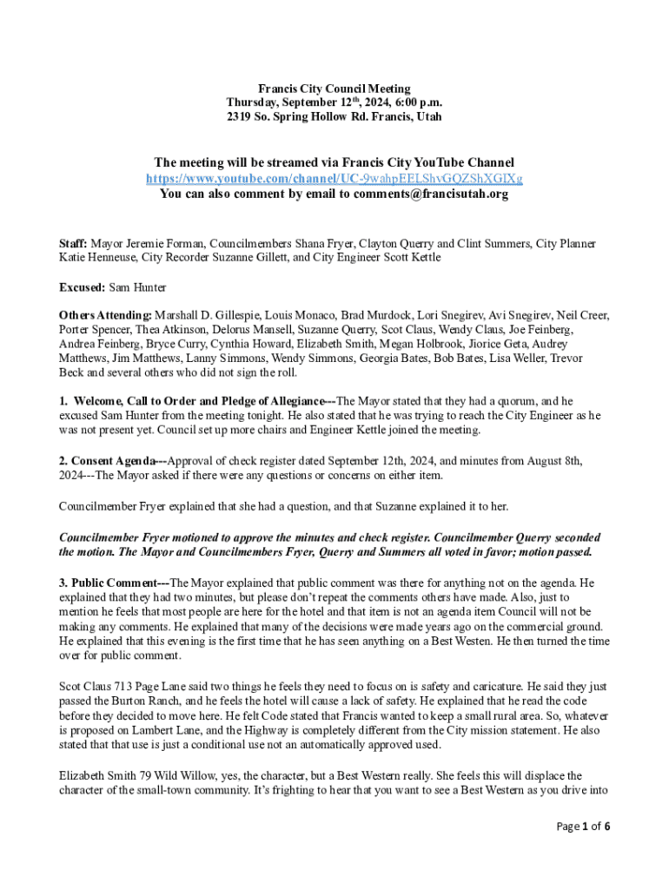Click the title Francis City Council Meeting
334,89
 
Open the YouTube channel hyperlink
334,178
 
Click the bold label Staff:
73,244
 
